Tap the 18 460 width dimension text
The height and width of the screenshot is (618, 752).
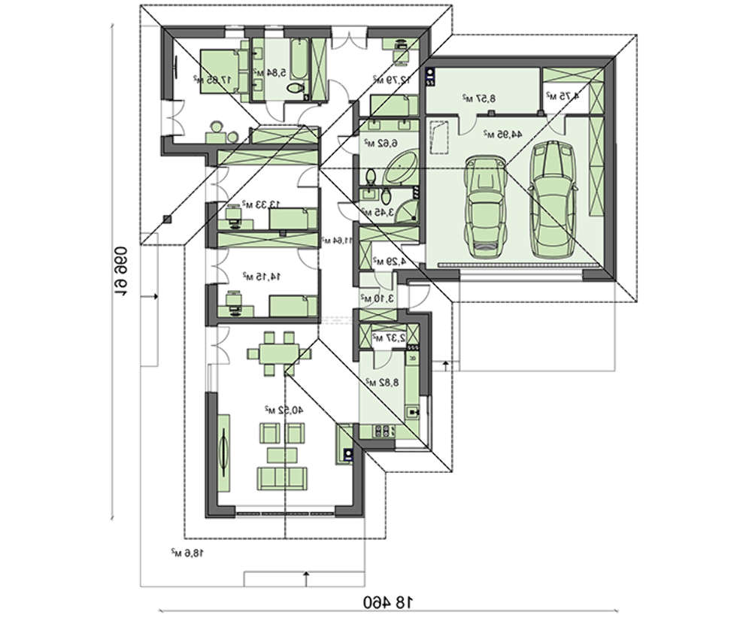[x=390, y=601]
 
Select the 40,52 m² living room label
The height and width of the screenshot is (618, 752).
[x=277, y=410]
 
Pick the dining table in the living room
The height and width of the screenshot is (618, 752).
[x=274, y=352]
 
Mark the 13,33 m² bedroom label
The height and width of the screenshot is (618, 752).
[x=261, y=204]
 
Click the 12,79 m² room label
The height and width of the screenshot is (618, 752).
[x=390, y=79]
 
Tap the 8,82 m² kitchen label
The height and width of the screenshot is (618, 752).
[x=382, y=382]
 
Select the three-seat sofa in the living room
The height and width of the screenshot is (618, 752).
[x=281, y=478]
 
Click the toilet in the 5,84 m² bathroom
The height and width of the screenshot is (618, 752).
[x=296, y=89]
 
